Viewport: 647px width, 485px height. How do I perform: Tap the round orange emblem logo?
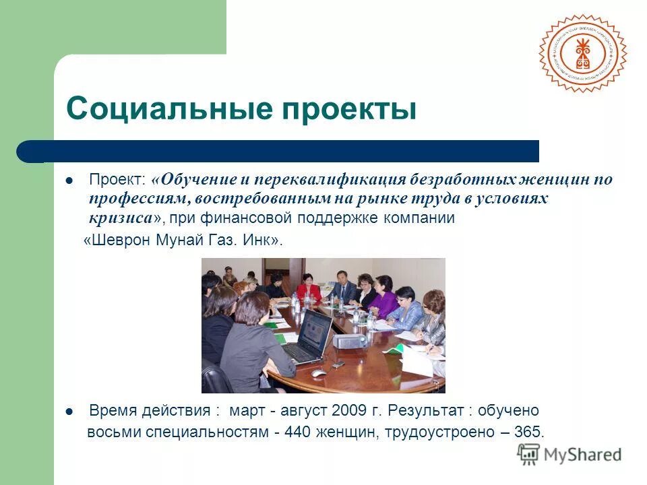[582, 53]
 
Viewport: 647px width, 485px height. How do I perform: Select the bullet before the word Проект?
[69, 181]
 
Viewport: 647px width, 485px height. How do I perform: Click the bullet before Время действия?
[69, 410]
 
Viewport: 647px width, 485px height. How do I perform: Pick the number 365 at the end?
[528, 432]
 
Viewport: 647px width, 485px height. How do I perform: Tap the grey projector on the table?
[348, 339]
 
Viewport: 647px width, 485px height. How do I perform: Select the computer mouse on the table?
[317, 373]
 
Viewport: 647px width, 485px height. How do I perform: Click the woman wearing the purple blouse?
[384, 298]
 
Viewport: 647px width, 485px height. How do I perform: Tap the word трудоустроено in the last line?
[442, 432]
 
